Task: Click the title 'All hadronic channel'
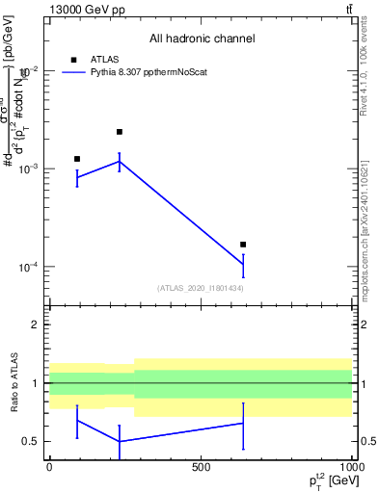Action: [x=202, y=39]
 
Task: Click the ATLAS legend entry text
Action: [x=104, y=58]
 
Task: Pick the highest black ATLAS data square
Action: [x=120, y=132]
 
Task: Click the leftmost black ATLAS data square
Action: [x=77, y=159]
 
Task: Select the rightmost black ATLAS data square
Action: [x=243, y=245]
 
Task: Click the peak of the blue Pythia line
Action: [x=120, y=161]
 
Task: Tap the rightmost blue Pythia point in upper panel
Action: [x=243, y=264]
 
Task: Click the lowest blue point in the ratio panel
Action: [x=120, y=441]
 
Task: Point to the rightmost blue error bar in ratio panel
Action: [x=243, y=425]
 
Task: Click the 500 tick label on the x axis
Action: [x=201, y=467]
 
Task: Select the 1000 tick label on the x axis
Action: [x=352, y=467]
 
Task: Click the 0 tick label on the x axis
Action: [x=49, y=467]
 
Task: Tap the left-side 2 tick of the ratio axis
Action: [x=38, y=324]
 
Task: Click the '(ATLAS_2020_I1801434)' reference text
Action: [x=201, y=288]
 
